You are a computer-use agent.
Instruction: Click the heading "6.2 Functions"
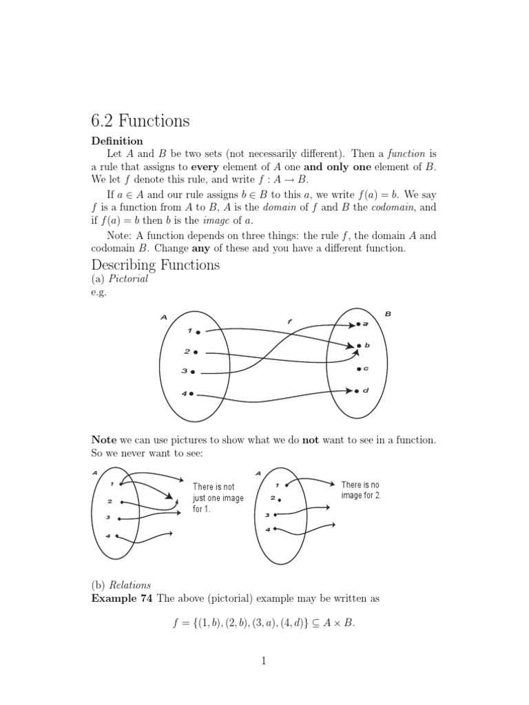140,121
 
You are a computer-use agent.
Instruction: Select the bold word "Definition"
117,141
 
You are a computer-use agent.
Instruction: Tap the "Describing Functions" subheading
156,264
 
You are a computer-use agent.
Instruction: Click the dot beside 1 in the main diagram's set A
198,332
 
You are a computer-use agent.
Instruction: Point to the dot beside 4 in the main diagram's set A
191,394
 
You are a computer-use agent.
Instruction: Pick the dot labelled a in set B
358,324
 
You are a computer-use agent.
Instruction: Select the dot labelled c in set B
359,369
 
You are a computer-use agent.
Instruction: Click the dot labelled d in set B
357,391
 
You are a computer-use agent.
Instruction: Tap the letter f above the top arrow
289,321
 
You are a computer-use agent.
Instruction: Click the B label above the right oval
388,314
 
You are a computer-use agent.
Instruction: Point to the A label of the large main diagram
164,317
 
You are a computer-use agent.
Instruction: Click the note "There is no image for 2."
361,490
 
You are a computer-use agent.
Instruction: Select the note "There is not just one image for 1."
218,498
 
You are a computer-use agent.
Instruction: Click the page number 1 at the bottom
263,662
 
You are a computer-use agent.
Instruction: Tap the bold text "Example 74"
122,598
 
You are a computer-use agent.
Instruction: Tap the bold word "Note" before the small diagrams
104,439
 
